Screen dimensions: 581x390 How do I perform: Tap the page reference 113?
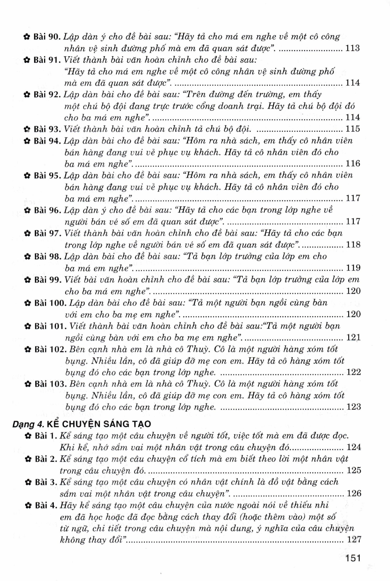pos(352,48)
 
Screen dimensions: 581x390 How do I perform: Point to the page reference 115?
pos(352,129)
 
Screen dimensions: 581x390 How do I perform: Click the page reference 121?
pos(353,337)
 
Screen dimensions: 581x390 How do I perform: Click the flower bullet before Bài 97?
pos(27,234)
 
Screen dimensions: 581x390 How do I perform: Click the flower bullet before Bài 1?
pos(27,436)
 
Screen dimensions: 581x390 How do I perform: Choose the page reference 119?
pos(353,268)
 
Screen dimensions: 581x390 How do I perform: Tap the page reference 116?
pos(352,163)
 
